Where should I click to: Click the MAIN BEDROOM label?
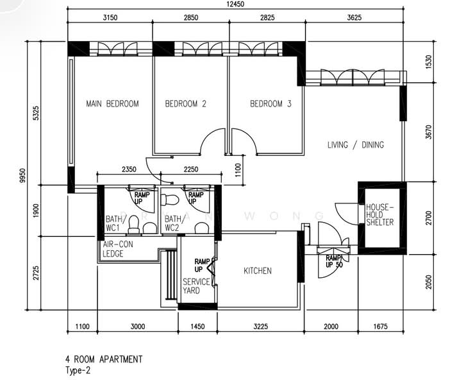113,104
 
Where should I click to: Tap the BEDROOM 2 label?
186,104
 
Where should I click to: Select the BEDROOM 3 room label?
270,104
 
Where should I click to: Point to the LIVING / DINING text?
356,145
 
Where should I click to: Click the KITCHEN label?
258,271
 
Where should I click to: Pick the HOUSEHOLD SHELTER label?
379,215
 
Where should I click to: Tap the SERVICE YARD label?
196,286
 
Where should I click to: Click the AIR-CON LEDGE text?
118,249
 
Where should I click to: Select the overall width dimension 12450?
235,4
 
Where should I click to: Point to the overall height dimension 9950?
22,176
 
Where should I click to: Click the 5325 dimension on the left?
35,113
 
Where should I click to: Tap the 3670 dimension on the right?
428,132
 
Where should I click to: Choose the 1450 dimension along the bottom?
197,327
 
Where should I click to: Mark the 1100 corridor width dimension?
238,170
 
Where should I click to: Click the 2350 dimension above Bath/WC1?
129,169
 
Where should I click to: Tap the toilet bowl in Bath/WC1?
134,224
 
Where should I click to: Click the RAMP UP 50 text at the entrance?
334,262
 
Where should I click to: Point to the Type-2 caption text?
78,370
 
